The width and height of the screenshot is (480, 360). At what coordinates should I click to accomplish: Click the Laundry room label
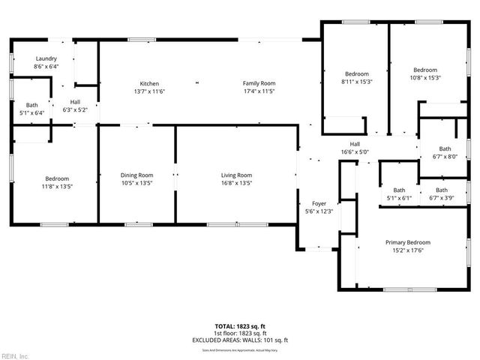tap(46, 58)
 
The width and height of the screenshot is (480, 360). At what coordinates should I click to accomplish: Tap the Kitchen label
tap(149, 83)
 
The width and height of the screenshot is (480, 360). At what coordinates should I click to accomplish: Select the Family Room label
tap(259, 83)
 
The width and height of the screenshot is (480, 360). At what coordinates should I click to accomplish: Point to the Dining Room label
tap(136, 175)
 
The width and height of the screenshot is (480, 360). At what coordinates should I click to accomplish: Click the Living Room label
tap(235, 175)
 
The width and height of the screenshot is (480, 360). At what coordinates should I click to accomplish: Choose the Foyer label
tap(319, 203)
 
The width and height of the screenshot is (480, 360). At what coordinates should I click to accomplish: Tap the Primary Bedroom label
tap(408, 242)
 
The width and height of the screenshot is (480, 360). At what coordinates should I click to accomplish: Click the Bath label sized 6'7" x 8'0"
tap(445, 148)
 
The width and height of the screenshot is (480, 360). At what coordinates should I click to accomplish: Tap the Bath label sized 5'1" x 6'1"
tap(399, 190)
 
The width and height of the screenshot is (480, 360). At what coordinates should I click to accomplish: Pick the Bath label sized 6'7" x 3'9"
tap(443, 190)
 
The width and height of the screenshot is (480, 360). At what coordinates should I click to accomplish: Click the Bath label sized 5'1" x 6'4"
tap(31, 105)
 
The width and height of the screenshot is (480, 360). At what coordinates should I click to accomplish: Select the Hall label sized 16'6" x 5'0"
tap(355, 144)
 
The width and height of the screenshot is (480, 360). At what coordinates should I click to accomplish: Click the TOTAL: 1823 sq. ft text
tap(240, 325)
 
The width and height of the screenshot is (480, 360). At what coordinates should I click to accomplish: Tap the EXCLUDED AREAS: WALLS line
tap(240, 340)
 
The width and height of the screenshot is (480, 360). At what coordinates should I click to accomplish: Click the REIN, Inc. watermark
tap(14, 355)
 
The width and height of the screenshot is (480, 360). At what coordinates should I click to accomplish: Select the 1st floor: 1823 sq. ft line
tap(240, 333)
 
